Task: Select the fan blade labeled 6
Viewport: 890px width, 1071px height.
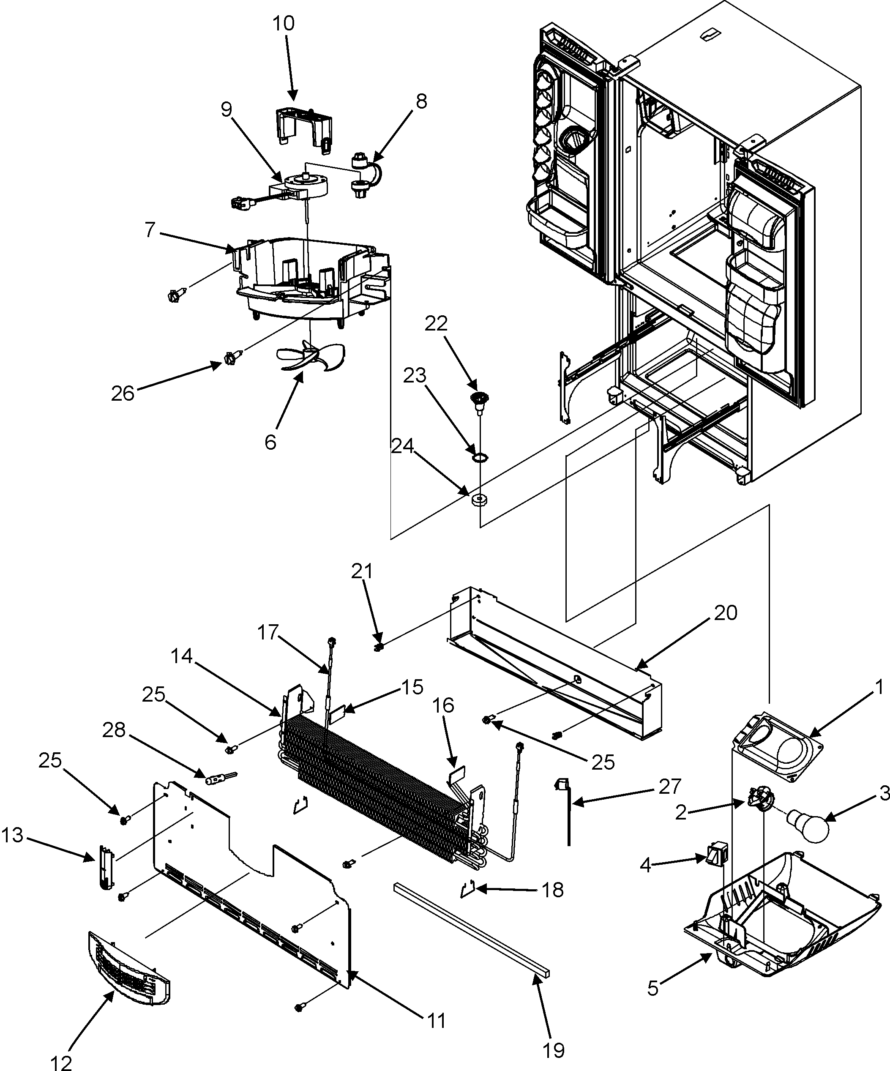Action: [x=311, y=356]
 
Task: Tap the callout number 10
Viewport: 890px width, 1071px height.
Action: [x=284, y=24]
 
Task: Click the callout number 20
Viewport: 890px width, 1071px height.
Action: [x=725, y=612]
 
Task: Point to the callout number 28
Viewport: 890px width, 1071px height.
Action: [x=114, y=730]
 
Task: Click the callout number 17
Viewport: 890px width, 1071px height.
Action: [x=268, y=632]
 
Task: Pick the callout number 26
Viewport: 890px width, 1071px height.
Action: [x=123, y=394]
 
